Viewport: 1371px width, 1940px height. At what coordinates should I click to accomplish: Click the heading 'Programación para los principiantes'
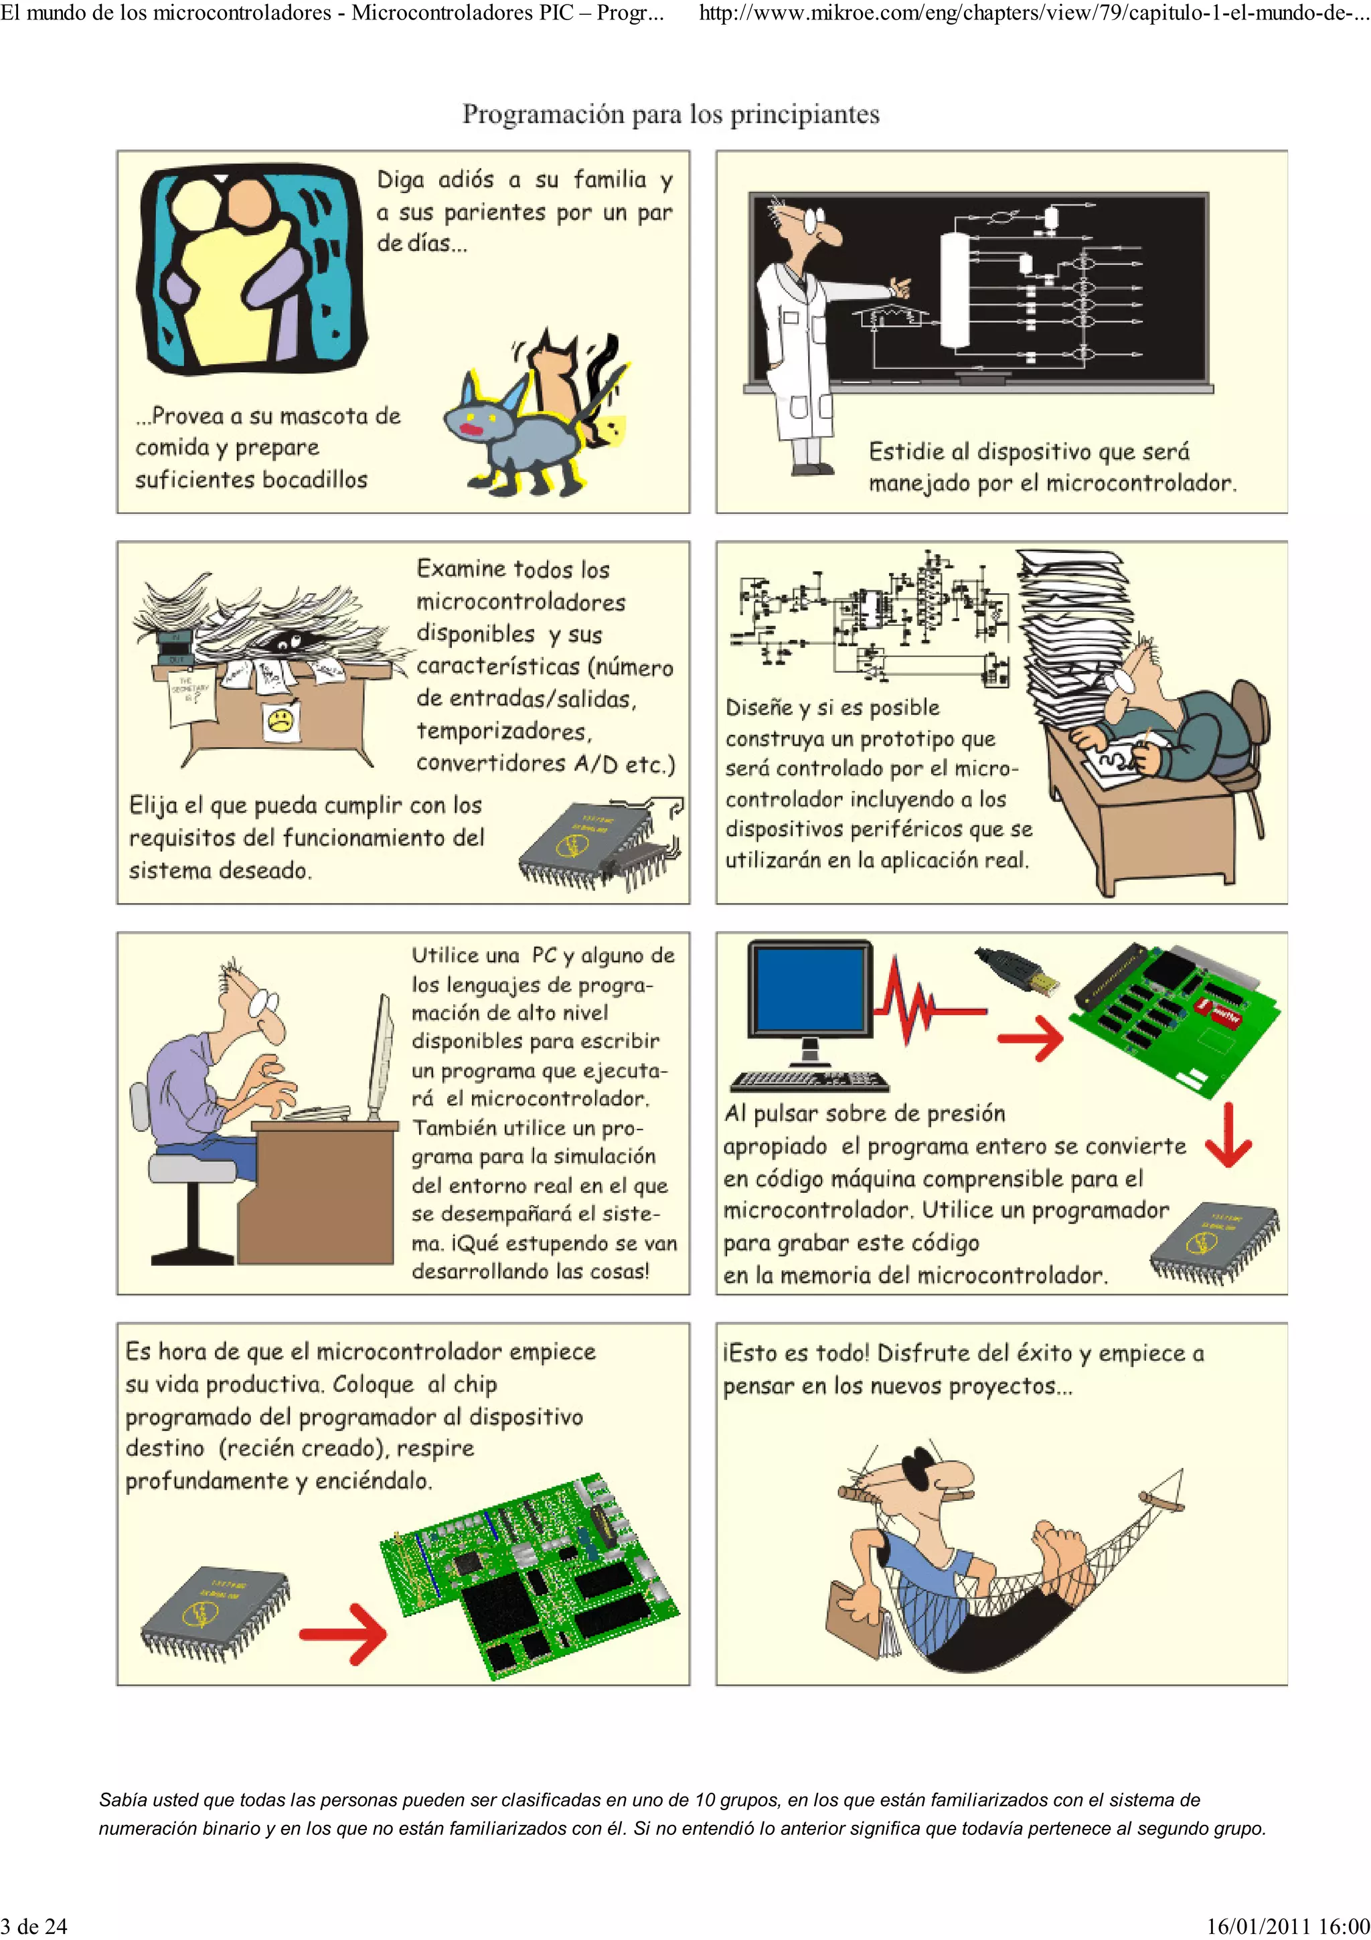pos(671,114)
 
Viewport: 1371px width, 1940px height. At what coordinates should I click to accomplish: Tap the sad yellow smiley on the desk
pos(280,721)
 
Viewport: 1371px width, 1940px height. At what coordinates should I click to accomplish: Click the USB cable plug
pos(1018,972)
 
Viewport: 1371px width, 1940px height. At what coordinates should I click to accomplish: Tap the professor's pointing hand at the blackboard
pos(901,288)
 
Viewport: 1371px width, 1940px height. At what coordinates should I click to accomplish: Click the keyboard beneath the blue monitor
pos(809,1080)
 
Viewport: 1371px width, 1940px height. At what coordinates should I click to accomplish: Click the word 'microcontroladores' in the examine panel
pos(520,602)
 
